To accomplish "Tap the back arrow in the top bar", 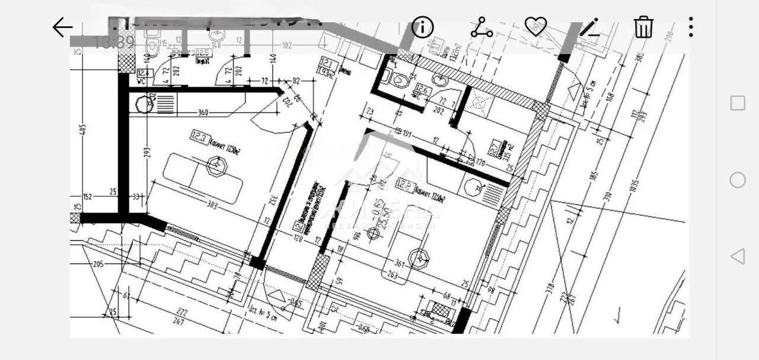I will [62, 27].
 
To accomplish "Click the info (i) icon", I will [423, 27].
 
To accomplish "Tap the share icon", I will [481, 27].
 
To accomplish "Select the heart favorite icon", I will [535, 27].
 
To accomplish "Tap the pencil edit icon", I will [589, 27].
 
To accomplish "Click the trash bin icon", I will [643, 27].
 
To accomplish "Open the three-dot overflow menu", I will [691, 27].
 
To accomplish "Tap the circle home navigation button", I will [737, 180].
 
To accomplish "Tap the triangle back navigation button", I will [737, 256].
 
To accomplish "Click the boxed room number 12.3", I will [199, 138].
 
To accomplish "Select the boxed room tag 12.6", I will [422, 91].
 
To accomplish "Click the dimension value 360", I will [203, 113].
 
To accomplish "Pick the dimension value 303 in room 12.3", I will [212, 206].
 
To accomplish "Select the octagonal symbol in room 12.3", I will [216, 166].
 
